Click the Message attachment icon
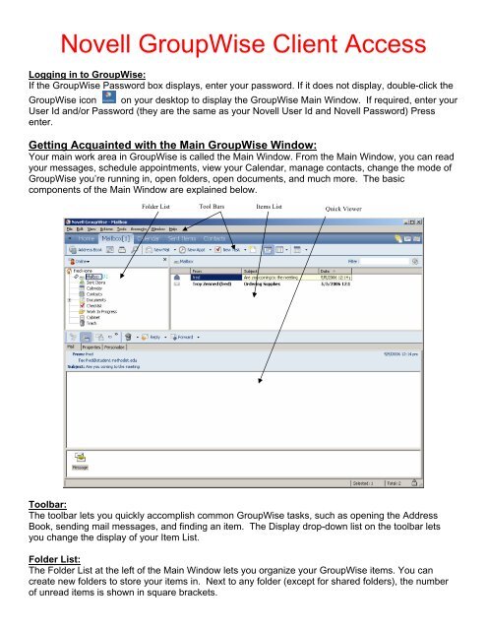pos(79,462)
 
